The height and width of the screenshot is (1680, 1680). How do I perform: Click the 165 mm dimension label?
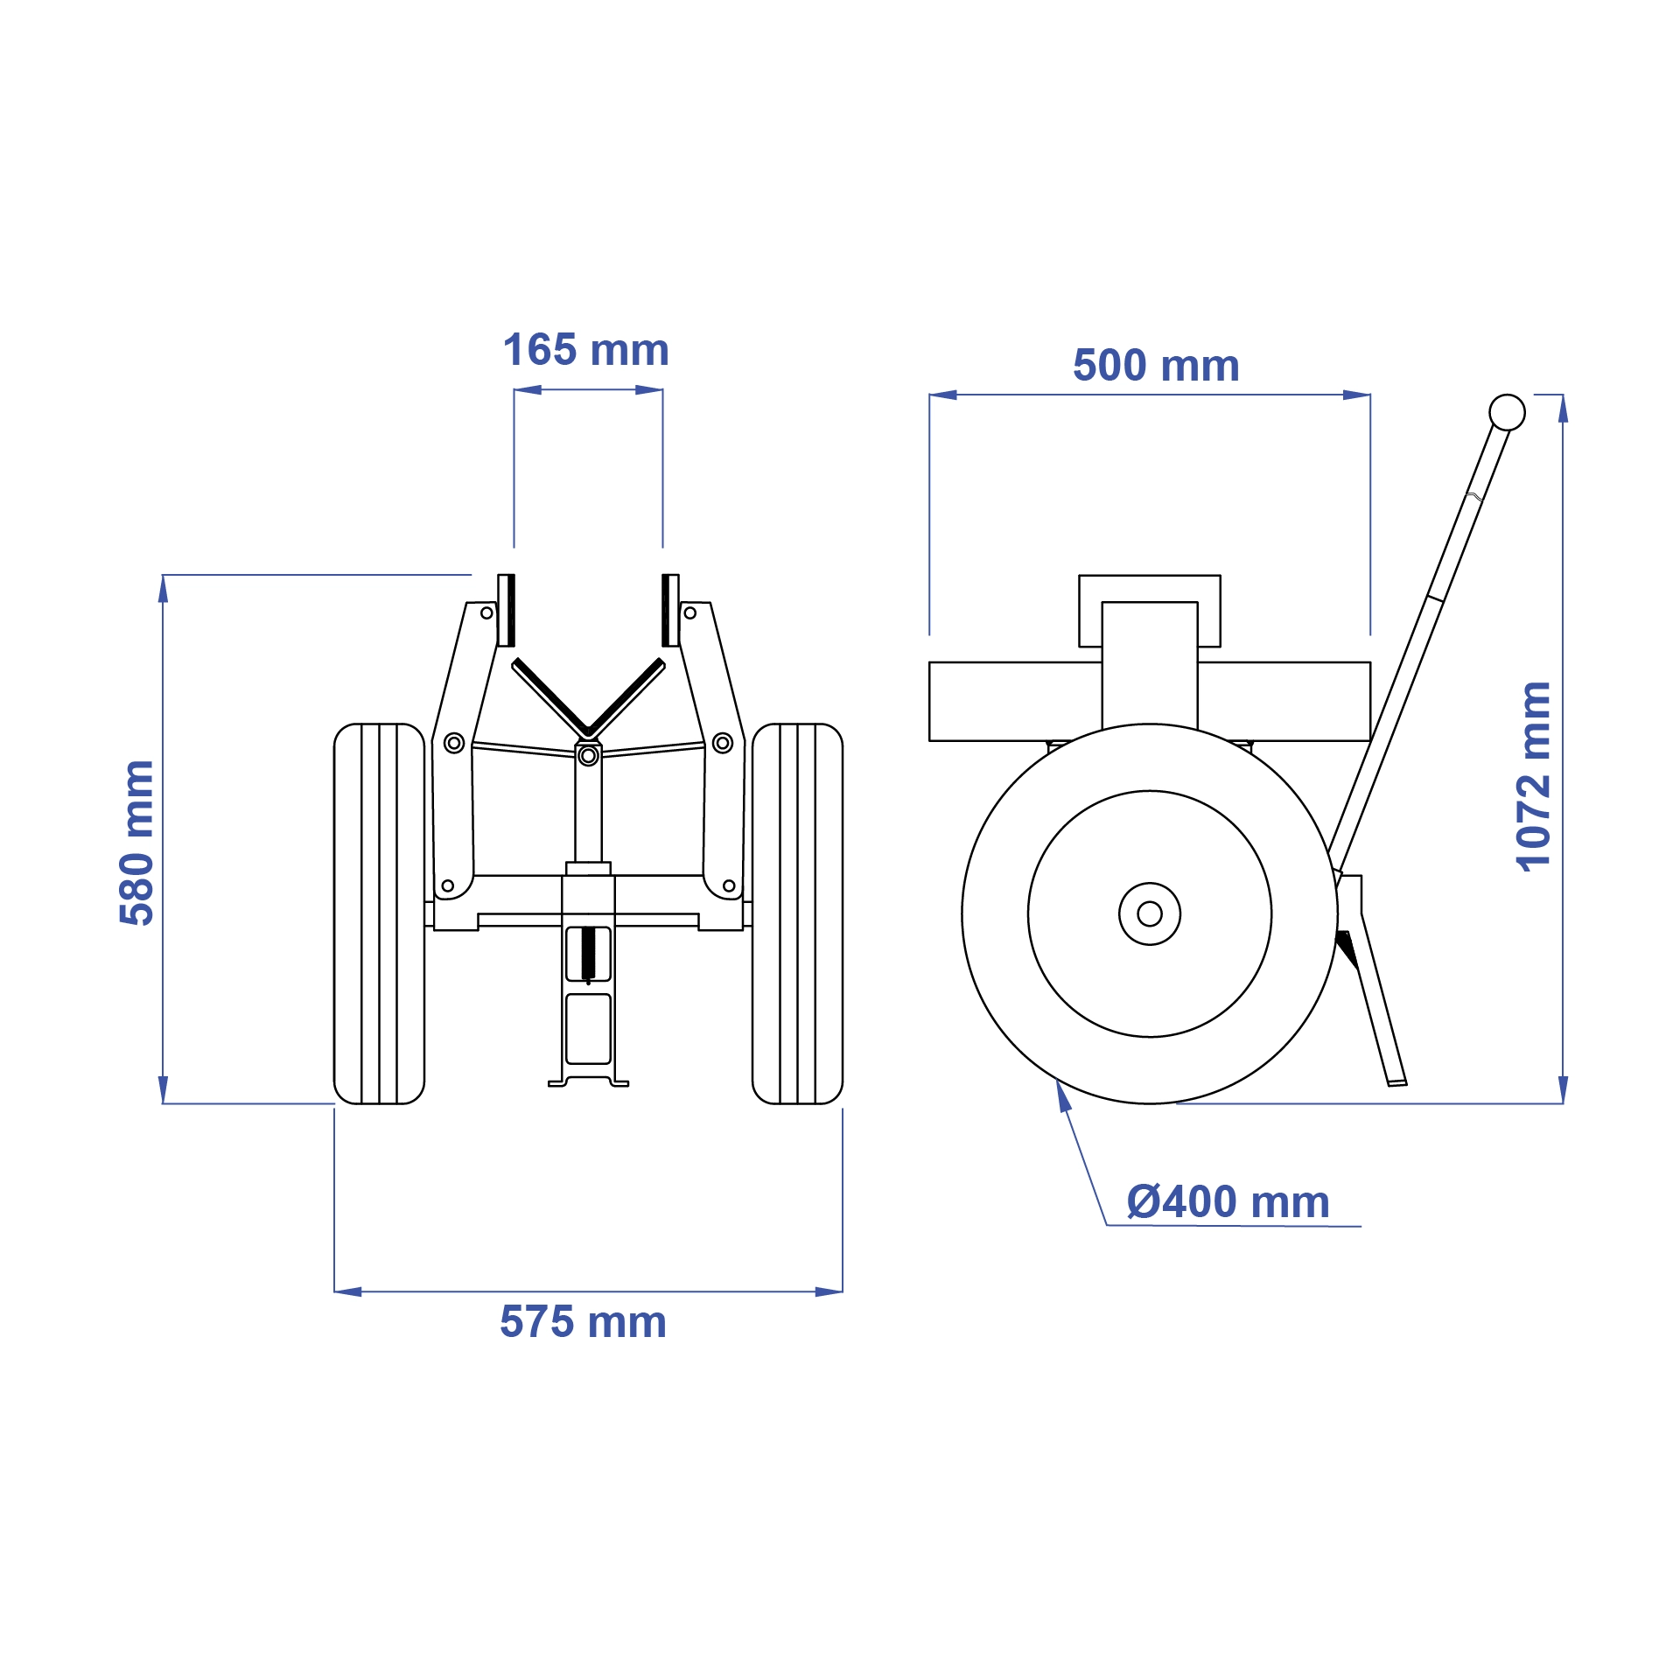point(585,350)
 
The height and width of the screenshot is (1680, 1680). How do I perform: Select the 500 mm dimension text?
point(1156,366)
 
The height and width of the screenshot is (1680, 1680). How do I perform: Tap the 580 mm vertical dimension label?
point(137,843)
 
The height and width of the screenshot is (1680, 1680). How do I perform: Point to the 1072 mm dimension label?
point(1533,776)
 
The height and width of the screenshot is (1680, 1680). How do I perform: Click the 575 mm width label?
point(583,1322)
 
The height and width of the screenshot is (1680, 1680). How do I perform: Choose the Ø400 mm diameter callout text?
point(1228,1202)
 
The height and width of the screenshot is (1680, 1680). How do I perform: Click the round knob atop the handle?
point(1507,412)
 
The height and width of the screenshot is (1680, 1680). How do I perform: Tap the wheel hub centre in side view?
point(1149,913)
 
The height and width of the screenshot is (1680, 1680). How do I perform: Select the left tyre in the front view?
point(379,913)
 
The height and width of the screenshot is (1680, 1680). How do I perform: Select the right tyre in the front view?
point(797,913)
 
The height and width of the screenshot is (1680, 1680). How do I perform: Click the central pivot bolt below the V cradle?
point(588,755)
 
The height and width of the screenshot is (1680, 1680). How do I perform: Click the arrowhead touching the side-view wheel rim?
point(1063,1095)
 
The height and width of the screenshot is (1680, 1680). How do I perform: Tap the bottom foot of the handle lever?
point(1396,1081)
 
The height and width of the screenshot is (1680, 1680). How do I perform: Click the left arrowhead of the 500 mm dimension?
point(942,395)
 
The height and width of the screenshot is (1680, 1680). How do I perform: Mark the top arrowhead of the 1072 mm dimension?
point(1563,408)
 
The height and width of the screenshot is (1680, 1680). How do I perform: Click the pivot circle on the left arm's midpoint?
point(453,743)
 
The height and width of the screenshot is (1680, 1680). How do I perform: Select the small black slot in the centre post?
point(588,954)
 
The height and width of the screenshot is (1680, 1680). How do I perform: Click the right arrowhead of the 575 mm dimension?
point(829,1291)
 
